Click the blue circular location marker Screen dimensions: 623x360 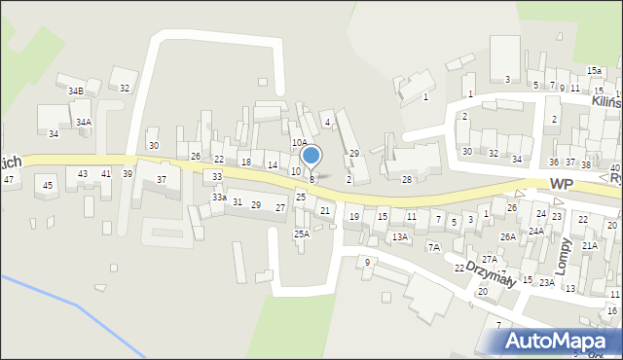(x=311, y=155)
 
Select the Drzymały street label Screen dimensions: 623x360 (x=491, y=272)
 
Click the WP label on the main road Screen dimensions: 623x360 (x=561, y=184)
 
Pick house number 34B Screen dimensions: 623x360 (x=75, y=90)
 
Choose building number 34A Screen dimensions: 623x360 (x=84, y=122)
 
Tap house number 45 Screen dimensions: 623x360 (x=47, y=185)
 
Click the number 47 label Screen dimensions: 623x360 (x=8, y=179)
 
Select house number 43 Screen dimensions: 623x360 (x=83, y=173)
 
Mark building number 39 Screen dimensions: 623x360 (x=128, y=173)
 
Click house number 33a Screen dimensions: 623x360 (x=220, y=198)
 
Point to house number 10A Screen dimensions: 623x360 (x=300, y=142)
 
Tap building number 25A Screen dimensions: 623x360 (x=302, y=234)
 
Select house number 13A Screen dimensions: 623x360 (x=400, y=236)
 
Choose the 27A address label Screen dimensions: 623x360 (x=490, y=260)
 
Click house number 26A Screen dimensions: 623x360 (x=507, y=236)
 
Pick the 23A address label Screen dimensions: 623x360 (x=548, y=282)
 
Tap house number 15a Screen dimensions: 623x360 (x=594, y=71)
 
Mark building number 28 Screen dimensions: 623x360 (x=407, y=179)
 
